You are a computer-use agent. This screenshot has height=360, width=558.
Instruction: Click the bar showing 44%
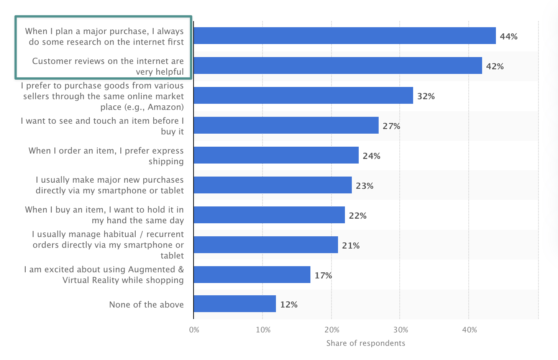[x=344, y=36]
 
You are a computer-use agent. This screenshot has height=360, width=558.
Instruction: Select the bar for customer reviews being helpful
[x=337, y=66]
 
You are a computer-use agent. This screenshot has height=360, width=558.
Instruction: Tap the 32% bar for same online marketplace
[x=303, y=96]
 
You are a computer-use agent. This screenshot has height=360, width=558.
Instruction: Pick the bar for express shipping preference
[x=276, y=155]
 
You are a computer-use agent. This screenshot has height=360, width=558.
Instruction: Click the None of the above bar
[x=234, y=304]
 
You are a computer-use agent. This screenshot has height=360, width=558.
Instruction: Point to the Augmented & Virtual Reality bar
[x=252, y=274]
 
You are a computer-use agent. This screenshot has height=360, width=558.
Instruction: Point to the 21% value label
[x=352, y=245]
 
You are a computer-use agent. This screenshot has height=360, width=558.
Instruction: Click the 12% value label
[x=290, y=304]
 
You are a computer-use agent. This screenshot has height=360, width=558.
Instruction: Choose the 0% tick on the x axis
[x=194, y=329]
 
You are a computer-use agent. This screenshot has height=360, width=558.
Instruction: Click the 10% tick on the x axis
[x=262, y=329]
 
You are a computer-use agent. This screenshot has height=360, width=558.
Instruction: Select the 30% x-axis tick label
[x=399, y=329]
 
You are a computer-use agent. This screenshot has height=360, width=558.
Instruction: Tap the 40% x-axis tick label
[x=468, y=329]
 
